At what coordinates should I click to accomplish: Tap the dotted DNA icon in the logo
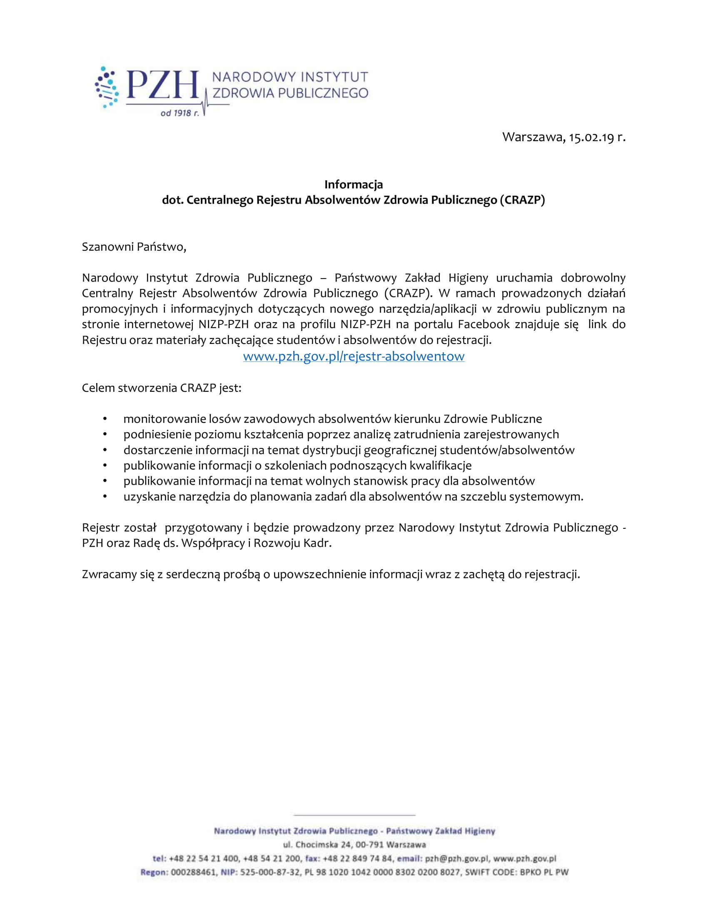tap(107, 87)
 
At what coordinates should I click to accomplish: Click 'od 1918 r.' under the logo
tap(179, 113)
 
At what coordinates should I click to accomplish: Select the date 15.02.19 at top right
tap(591, 137)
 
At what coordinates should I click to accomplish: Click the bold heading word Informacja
tap(354, 184)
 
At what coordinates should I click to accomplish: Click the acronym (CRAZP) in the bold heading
tap(522, 200)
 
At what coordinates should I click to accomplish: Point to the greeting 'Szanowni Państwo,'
tap(134, 246)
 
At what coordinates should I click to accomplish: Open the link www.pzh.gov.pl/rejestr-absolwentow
tap(354, 356)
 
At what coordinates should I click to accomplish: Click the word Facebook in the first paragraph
tap(483, 324)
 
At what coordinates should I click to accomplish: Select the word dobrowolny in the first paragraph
tap(593, 278)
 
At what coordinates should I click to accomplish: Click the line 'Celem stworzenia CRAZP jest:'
tap(162, 388)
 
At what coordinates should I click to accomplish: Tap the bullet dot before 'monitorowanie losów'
tap(105, 419)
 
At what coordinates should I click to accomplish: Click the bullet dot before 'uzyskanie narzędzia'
tap(105, 497)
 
